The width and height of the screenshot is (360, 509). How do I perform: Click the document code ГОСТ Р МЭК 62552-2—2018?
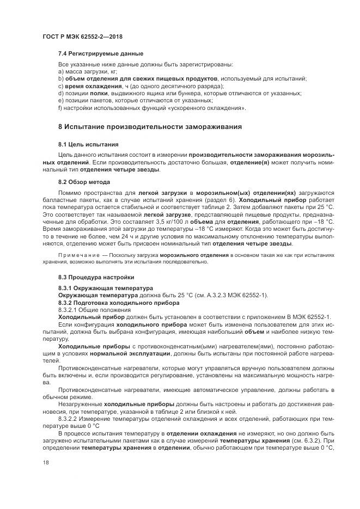click(82, 36)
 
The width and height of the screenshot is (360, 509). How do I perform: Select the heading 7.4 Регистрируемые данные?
click(101, 54)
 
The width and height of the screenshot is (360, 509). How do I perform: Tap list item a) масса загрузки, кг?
click(87, 72)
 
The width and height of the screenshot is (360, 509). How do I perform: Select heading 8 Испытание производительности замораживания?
click(150, 126)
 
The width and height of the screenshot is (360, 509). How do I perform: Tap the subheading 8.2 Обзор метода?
click(84, 181)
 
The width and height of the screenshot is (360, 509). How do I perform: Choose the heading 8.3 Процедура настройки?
click(96, 277)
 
